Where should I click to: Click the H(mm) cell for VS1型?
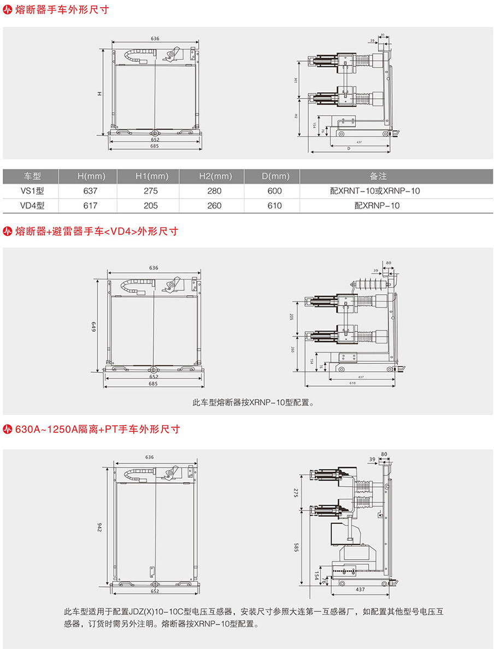pos(90,191)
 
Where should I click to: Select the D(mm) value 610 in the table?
pos(275,206)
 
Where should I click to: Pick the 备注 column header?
pos(378,176)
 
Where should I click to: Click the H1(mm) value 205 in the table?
pos(151,206)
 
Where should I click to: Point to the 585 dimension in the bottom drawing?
pos(296,547)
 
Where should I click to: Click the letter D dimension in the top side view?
pos(348,148)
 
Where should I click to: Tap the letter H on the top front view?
pos(99,94)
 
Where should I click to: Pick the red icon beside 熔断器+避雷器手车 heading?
pos(8,231)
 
